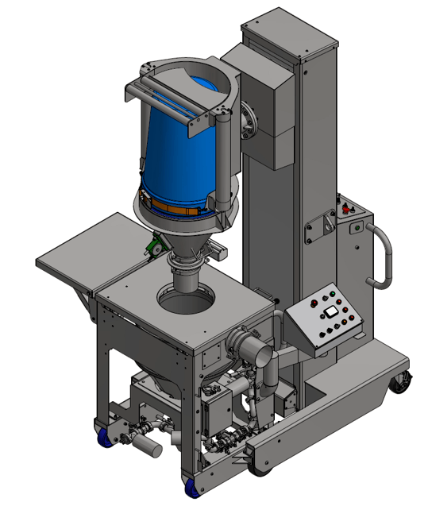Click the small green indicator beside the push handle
pos(354,230)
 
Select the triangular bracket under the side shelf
pos(83,299)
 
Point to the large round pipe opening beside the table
pos(251,349)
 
